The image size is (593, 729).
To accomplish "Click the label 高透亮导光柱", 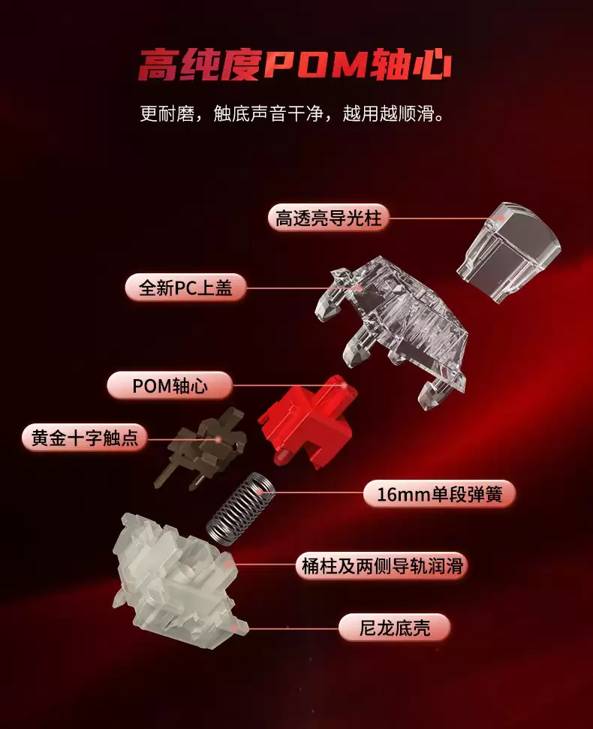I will click(329, 218).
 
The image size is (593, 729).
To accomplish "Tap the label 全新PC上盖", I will click(186, 287).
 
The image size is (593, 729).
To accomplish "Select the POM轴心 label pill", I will click(170, 386).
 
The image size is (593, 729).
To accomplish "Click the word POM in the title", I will click(315, 66).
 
